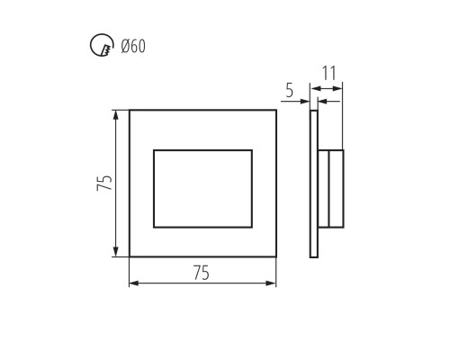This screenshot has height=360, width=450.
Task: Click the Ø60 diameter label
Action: pyautogui.click(x=133, y=47)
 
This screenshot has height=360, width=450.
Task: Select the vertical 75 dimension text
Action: pyautogui.click(x=104, y=183)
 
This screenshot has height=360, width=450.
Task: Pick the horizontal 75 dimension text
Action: pyautogui.click(x=202, y=273)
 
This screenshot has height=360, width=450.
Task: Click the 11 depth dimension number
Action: pyautogui.click(x=329, y=73)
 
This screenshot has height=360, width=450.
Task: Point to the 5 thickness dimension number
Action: pyautogui.click(x=289, y=90)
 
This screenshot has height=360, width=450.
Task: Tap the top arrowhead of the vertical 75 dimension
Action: pyautogui.click(x=115, y=115)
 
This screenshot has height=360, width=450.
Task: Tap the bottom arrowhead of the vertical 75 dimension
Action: pyautogui.click(x=115, y=251)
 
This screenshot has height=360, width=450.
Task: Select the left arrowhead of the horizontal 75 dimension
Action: pyautogui.click(x=134, y=283)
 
